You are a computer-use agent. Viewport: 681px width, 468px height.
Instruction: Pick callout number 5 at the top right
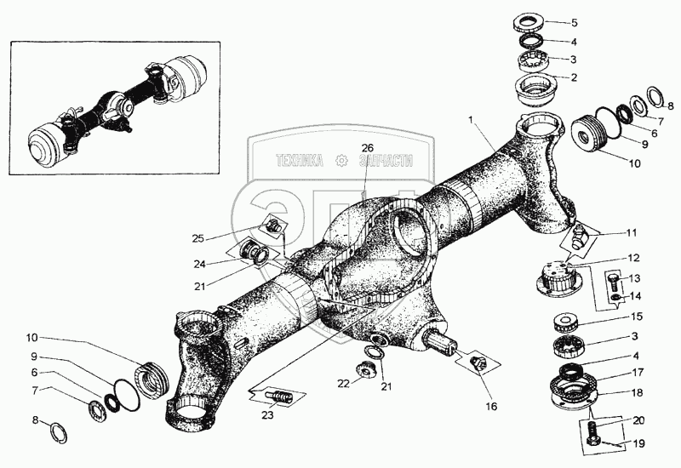tap(597, 23)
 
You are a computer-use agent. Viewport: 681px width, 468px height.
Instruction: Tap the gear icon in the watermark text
tap(342, 159)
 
